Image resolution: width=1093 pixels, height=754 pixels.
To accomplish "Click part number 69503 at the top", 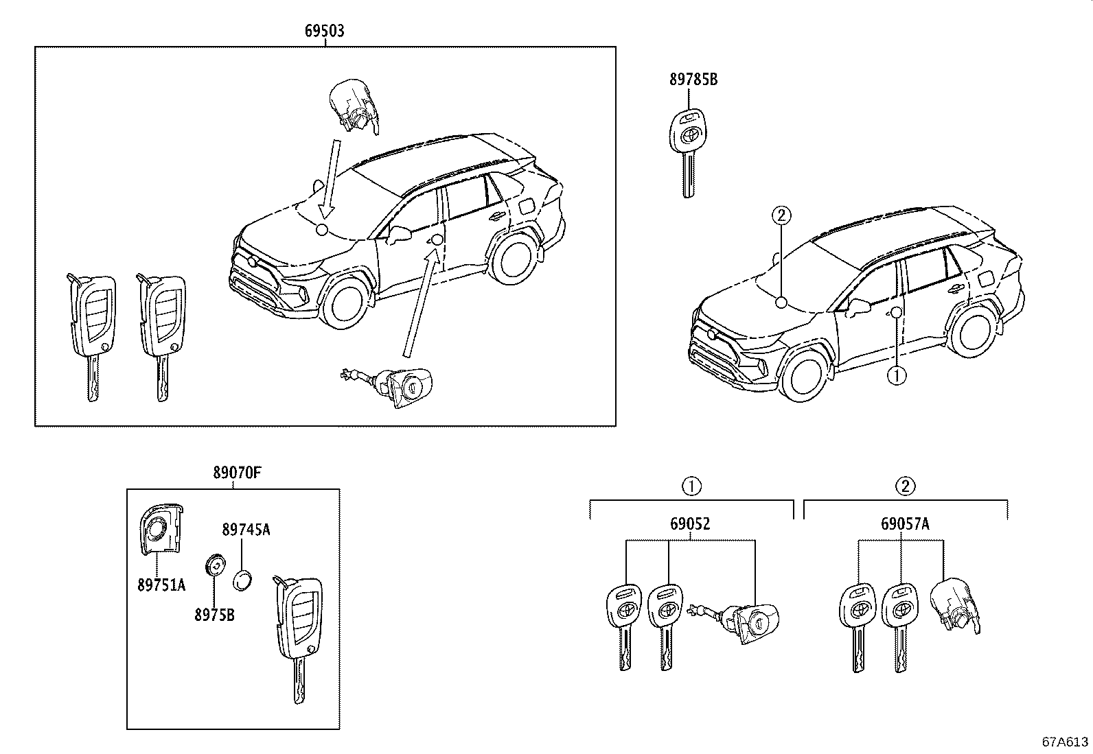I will click(x=325, y=31).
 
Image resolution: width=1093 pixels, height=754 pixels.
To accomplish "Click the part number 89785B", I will click(x=693, y=80).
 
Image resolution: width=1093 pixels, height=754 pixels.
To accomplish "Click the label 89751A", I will click(x=161, y=585).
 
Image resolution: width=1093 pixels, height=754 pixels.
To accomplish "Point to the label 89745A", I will click(x=246, y=529).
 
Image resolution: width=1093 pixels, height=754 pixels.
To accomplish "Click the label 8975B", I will click(x=214, y=615).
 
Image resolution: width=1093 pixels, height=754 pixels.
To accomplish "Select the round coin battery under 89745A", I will click(x=243, y=580).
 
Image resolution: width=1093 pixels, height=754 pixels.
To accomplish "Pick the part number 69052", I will click(x=690, y=524).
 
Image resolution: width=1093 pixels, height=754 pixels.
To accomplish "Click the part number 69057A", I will click(x=905, y=524).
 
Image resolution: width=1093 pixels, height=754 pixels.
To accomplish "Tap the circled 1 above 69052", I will click(x=691, y=486).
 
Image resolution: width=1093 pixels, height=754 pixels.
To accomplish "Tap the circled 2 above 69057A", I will click(x=906, y=486).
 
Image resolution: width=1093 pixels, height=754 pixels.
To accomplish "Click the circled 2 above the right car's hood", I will click(x=781, y=215).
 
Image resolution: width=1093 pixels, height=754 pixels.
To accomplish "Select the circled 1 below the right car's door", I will click(x=897, y=375).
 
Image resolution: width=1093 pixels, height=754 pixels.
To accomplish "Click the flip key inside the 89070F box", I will click(x=299, y=631).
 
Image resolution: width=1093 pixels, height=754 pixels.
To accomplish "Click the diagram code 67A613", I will click(x=1065, y=742).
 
